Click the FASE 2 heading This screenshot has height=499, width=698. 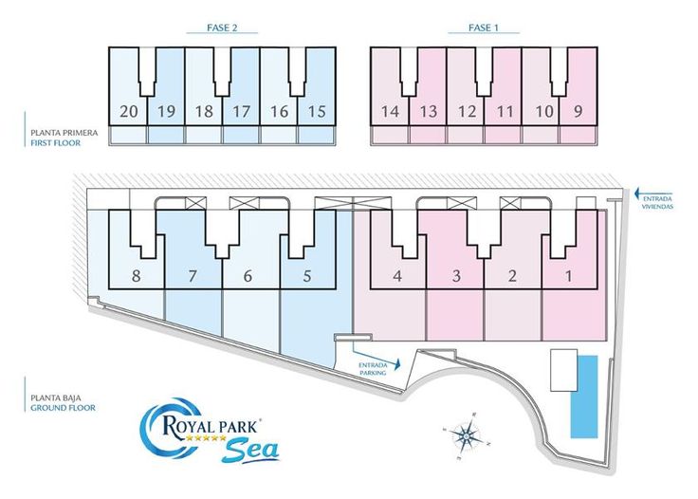[x=222, y=28]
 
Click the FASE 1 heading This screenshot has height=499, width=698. [x=483, y=28]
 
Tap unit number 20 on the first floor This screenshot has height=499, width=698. [x=129, y=111]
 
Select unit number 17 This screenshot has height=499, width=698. [x=241, y=111]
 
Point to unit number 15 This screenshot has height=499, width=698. [x=317, y=111]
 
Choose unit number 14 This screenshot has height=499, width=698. [x=390, y=111]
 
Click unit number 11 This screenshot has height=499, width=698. [x=505, y=111]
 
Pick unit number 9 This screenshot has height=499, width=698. [x=578, y=111]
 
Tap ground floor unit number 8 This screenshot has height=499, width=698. [x=137, y=276]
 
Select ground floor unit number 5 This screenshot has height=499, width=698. [x=306, y=276]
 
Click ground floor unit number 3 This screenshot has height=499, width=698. [x=456, y=276]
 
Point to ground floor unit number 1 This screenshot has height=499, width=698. [x=568, y=276]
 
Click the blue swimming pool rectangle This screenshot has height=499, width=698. [x=584, y=397]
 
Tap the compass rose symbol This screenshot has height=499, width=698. [x=466, y=434]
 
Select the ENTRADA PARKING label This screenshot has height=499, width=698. [x=373, y=369]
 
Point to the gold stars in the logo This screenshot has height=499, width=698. [x=206, y=438]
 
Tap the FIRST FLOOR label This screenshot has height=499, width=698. [x=56, y=143]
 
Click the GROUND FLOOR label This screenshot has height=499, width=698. [x=63, y=408]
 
